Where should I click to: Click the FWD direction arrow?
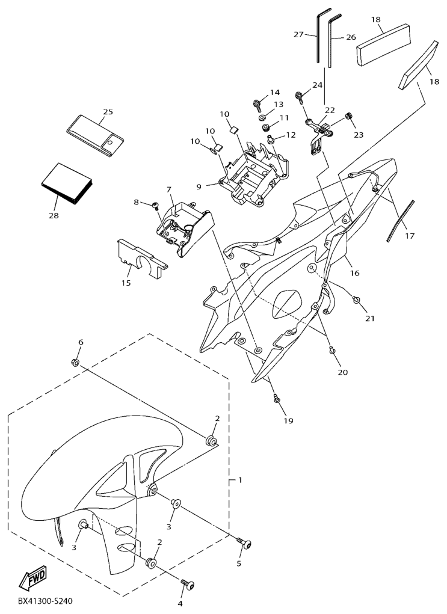click(x=34, y=577)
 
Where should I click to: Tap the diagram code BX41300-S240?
click(x=45, y=601)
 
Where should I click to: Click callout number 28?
click(x=54, y=215)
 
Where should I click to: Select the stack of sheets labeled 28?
click(x=67, y=183)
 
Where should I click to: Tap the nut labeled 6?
click(x=75, y=362)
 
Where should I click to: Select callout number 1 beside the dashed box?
click(x=240, y=480)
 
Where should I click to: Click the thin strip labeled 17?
click(x=400, y=221)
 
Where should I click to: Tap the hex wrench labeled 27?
click(x=318, y=35)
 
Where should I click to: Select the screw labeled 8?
click(x=156, y=205)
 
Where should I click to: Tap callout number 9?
click(x=199, y=187)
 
